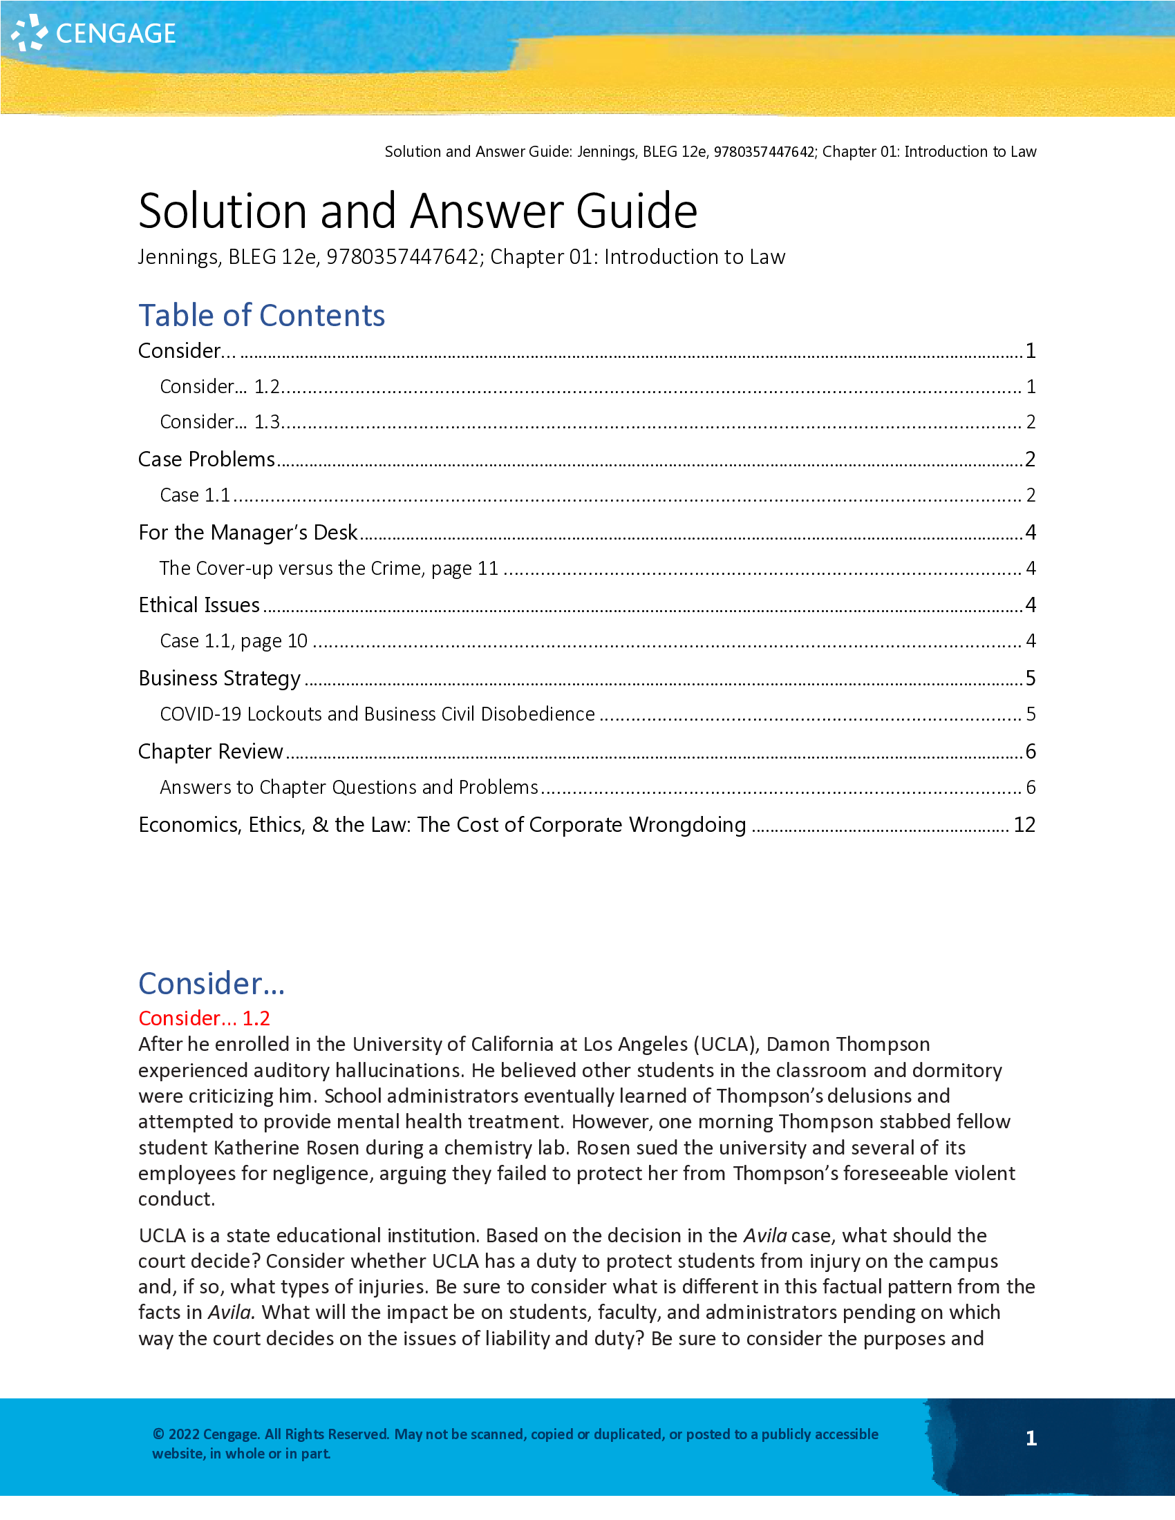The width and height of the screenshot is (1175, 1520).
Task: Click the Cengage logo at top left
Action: (94, 33)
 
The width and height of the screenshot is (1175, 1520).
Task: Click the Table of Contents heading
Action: (261, 315)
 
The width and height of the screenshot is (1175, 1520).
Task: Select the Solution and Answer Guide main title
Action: (417, 211)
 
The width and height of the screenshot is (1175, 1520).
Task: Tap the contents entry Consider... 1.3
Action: (220, 421)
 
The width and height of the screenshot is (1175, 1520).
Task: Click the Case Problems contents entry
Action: (207, 459)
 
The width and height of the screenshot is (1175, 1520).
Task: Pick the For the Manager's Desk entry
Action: (248, 533)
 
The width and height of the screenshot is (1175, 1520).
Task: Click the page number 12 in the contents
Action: (1024, 825)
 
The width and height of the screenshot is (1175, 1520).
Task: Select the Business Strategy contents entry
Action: (219, 678)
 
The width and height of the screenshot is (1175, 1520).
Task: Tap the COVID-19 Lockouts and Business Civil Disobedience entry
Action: (377, 714)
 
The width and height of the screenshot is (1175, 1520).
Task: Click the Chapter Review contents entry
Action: (210, 752)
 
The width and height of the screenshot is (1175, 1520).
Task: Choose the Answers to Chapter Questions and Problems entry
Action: (349, 787)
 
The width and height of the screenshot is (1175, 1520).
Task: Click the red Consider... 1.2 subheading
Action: (204, 1018)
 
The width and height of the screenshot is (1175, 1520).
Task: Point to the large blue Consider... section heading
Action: (211, 983)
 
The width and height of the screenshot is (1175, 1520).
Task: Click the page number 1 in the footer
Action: (1031, 1438)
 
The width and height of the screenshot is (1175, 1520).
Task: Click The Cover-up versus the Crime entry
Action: (328, 569)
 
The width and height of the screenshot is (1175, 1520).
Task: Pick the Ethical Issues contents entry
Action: (199, 605)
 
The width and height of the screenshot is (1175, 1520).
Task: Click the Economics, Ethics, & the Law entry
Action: (442, 825)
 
